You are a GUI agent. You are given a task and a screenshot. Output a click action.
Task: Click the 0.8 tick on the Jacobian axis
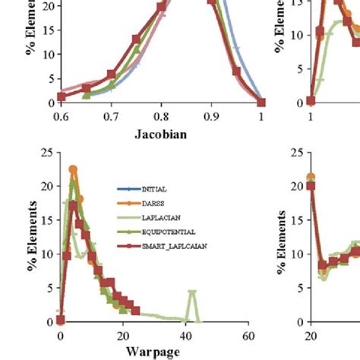click(x=161, y=116)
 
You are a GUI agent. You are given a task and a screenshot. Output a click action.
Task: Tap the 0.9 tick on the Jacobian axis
click(x=211, y=116)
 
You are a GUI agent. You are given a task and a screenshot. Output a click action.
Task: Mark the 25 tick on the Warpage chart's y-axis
click(x=47, y=154)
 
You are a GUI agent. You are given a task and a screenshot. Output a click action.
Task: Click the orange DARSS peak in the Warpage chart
click(x=73, y=170)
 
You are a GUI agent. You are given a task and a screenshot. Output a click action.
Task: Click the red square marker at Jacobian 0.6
click(x=62, y=96)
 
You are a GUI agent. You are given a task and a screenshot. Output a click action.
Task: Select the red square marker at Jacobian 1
click(x=261, y=102)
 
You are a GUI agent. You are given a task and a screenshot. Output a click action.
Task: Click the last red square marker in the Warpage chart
click(x=135, y=310)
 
